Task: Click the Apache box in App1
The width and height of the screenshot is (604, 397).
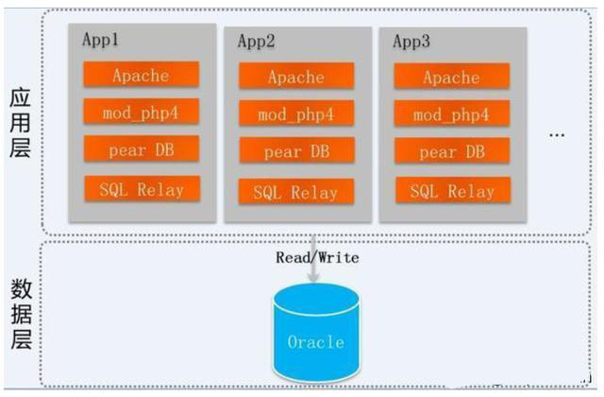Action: (x=141, y=75)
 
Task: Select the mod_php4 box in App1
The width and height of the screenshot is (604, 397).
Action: (x=141, y=112)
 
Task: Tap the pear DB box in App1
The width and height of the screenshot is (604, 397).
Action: (x=141, y=148)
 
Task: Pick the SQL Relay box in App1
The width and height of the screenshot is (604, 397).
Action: (x=142, y=188)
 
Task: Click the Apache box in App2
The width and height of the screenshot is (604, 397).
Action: (x=296, y=77)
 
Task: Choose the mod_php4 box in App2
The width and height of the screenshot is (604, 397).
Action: (x=296, y=114)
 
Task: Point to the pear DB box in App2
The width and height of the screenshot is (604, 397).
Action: (x=296, y=151)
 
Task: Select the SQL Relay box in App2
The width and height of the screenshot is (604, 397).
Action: (x=296, y=192)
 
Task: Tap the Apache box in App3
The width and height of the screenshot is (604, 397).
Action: (x=452, y=77)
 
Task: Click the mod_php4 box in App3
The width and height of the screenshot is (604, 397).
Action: (x=452, y=114)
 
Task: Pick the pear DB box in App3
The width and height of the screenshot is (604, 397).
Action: (x=452, y=151)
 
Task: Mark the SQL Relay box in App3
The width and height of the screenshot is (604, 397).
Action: (x=452, y=191)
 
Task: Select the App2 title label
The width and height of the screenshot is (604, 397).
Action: (x=257, y=42)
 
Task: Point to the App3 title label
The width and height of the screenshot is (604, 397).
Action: (x=411, y=42)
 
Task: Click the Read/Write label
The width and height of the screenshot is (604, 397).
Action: (x=317, y=257)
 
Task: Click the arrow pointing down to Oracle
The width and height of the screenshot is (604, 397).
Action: (x=314, y=269)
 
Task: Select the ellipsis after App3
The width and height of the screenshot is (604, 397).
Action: (x=557, y=134)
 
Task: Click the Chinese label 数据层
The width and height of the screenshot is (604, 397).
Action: (x=21, y=313)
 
